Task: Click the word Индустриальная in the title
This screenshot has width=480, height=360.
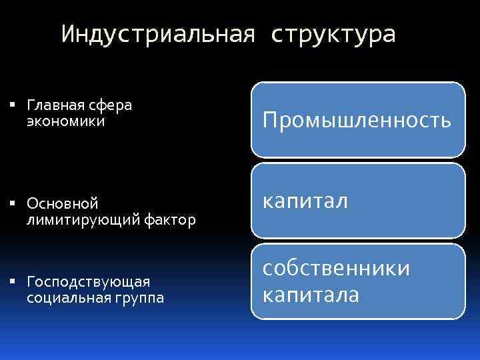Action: pyautogui.click(x=158, y=35)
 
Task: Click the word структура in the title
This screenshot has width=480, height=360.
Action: pyautogui.click(x=333, y=35)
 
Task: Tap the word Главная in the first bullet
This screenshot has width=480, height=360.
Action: pyautogui.click(x=55, y=106)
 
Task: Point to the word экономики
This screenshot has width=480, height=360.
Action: pyautogui.click(x=66, y=121)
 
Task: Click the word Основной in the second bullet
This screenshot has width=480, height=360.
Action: pyautogui.click(x=63, y=203)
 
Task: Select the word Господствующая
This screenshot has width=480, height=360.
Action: pyautogui.click(x=89, y=282)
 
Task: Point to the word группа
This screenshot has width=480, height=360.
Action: pyautogui.click(x=140, y=298)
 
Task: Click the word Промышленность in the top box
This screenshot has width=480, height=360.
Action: pyautogui.click(x=357, y=121)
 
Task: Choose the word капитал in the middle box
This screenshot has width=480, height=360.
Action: pyautogui.click(x=305, y=201)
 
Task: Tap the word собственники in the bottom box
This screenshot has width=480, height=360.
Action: pyautogui.click(x=336, y=268)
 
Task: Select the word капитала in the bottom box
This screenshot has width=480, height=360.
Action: pyautogui.click(x=311, y=294)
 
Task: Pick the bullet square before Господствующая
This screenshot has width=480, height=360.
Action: pyautogui.click(x=14, y=282)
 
